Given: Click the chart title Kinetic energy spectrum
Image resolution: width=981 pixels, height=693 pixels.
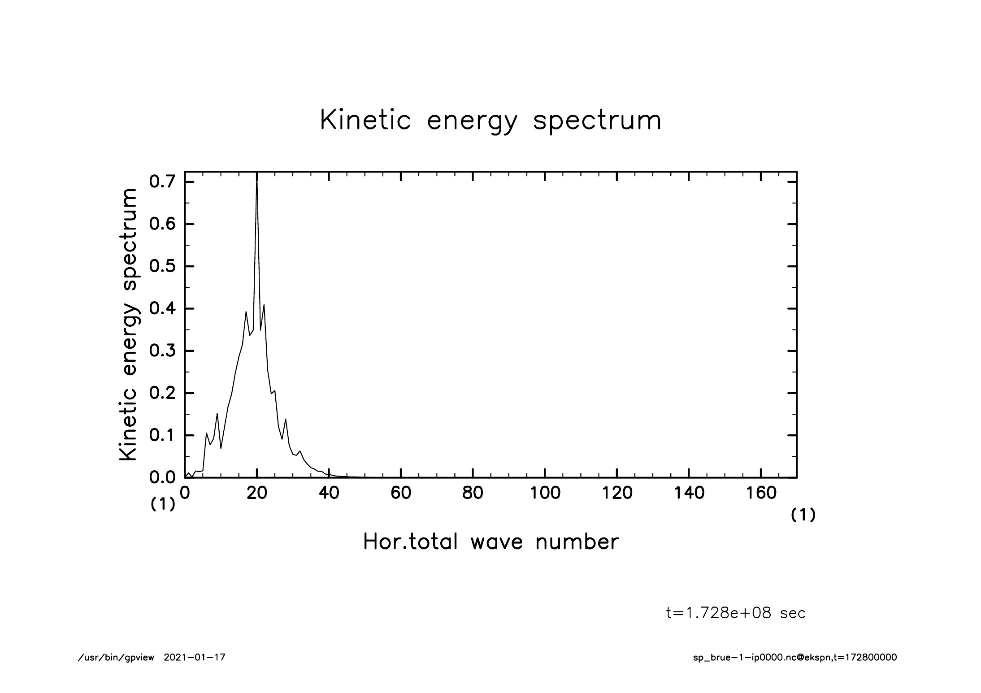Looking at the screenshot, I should [x=490, y=121].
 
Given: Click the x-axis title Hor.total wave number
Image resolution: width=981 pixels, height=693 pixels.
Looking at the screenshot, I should [x=490, y=541].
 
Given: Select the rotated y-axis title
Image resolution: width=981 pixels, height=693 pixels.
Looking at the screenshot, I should [x=128, y=325].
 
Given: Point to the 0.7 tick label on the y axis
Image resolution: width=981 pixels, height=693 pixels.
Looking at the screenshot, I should [x=162, y=182].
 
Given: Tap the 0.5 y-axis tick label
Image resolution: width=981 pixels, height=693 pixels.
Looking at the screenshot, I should [x=162, y=266].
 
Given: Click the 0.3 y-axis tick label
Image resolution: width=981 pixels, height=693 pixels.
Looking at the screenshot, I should [x=162, y=351].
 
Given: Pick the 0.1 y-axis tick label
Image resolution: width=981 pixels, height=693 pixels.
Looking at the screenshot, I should [x=162, y=435].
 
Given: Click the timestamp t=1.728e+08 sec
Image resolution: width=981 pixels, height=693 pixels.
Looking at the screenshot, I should [x=736, y=613].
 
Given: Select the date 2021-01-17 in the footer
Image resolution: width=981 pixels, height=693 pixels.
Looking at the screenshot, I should [x=195, y=658].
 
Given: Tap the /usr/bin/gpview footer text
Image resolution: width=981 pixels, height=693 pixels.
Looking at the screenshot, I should [x=116, y=658].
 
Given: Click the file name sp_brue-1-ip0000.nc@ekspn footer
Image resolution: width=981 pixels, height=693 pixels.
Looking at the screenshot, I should [x=762, y=658].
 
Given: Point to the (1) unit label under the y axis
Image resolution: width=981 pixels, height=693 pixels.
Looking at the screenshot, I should [x=162, y=505].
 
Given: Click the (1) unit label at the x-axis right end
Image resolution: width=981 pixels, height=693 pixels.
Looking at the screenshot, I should [x=803, y=515].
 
